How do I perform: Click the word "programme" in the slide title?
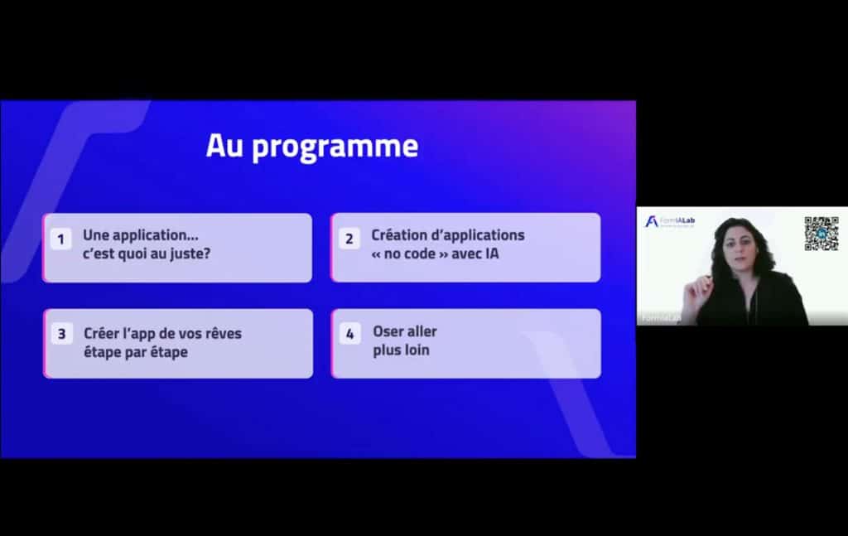point(335,147)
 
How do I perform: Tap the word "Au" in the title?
point(225,147)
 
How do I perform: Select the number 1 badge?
point(60,239)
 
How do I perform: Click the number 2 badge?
point(349,239)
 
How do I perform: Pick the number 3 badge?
point(61,335)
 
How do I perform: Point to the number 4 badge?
point(349,335)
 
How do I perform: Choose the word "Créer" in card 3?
point(101,333)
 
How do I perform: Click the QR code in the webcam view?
point(821,234)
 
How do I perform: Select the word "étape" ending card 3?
point(168,351)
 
